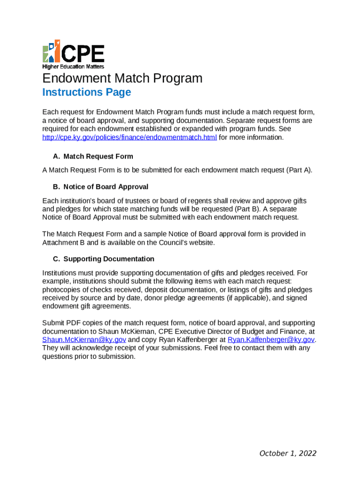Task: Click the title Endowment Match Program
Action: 122,78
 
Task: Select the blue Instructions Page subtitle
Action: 86,92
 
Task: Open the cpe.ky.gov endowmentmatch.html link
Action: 130,138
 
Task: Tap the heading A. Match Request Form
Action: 93,156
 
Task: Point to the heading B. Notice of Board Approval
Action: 101,187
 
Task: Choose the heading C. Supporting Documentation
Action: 103,259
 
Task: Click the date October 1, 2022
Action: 288,453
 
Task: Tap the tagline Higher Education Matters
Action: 73,66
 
